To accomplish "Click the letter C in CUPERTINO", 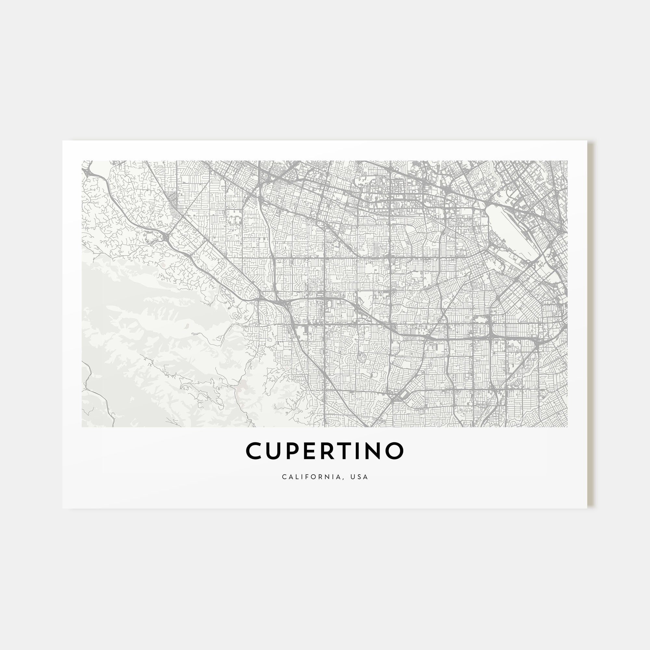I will [255, 451].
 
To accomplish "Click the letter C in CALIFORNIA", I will [284, 477].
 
